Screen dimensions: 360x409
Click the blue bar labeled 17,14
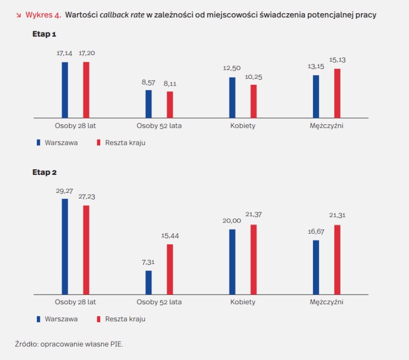pos(65,90)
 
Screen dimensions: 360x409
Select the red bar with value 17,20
pos(86,90)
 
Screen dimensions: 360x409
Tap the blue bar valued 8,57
pos(149,104)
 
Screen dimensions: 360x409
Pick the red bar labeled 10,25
pos(254,101)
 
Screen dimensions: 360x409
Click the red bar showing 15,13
pos(337,93)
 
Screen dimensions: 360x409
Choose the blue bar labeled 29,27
pos(65,246)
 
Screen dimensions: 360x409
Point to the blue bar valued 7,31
pos(149,282)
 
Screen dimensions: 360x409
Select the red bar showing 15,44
pos(170,269)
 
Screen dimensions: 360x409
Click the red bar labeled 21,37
pos(254,259)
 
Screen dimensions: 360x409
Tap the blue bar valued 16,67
pos(316,267)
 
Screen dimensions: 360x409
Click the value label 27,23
pos(86,197)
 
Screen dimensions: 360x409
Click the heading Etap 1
pos(44,35)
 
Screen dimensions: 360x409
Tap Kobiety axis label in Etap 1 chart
pos(243,126)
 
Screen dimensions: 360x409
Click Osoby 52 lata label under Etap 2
pos(159,302)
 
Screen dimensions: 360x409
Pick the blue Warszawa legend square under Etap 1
pos(38,143)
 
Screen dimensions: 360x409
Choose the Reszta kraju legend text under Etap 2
pos(125,319)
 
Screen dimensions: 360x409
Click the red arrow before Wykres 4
pos(19,15)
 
